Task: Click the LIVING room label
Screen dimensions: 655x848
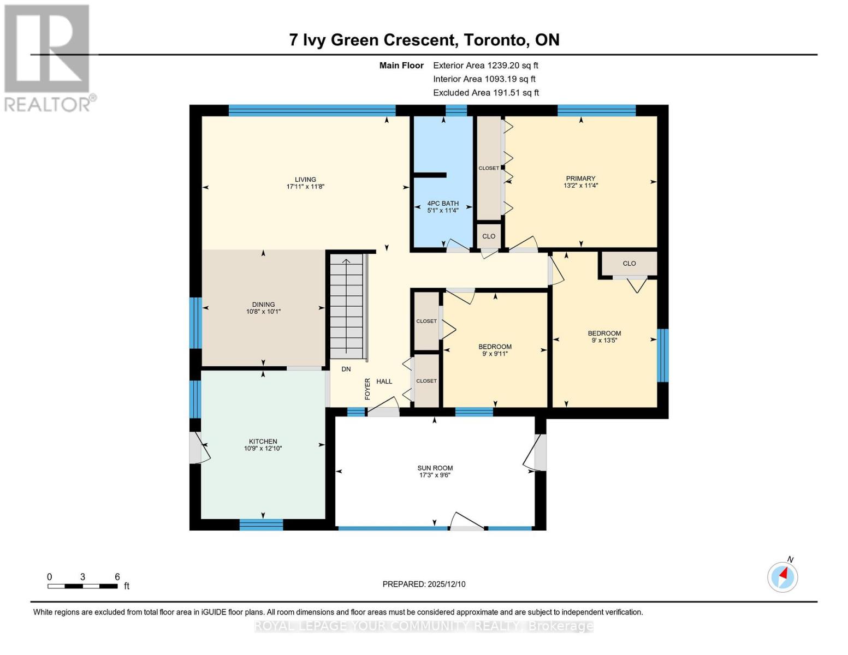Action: point(305,180)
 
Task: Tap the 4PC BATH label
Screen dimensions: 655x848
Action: point(442,204)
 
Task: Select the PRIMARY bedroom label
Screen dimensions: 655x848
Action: point(580,178)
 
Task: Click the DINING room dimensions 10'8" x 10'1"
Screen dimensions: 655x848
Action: point(263,312)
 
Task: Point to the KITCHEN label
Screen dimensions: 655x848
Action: point(263,442)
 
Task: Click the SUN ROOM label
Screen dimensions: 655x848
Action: point(435,468)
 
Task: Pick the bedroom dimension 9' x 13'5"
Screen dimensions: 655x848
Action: point(604,341)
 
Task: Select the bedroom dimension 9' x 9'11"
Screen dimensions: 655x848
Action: point(495,354)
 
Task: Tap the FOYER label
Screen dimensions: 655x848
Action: point(367,389)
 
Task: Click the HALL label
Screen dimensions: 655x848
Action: point(384,382)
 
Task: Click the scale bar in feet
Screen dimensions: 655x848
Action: point(82,586)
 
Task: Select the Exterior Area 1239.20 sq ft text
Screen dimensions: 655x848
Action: point(485,65)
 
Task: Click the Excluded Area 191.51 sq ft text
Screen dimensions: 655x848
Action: point(486,93)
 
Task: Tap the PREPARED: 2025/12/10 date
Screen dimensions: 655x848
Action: point(424,584)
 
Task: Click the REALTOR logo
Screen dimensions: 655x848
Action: point(48,57)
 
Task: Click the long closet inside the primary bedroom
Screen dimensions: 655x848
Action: point(489,168)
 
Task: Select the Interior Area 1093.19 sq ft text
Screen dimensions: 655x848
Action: point(484,79)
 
